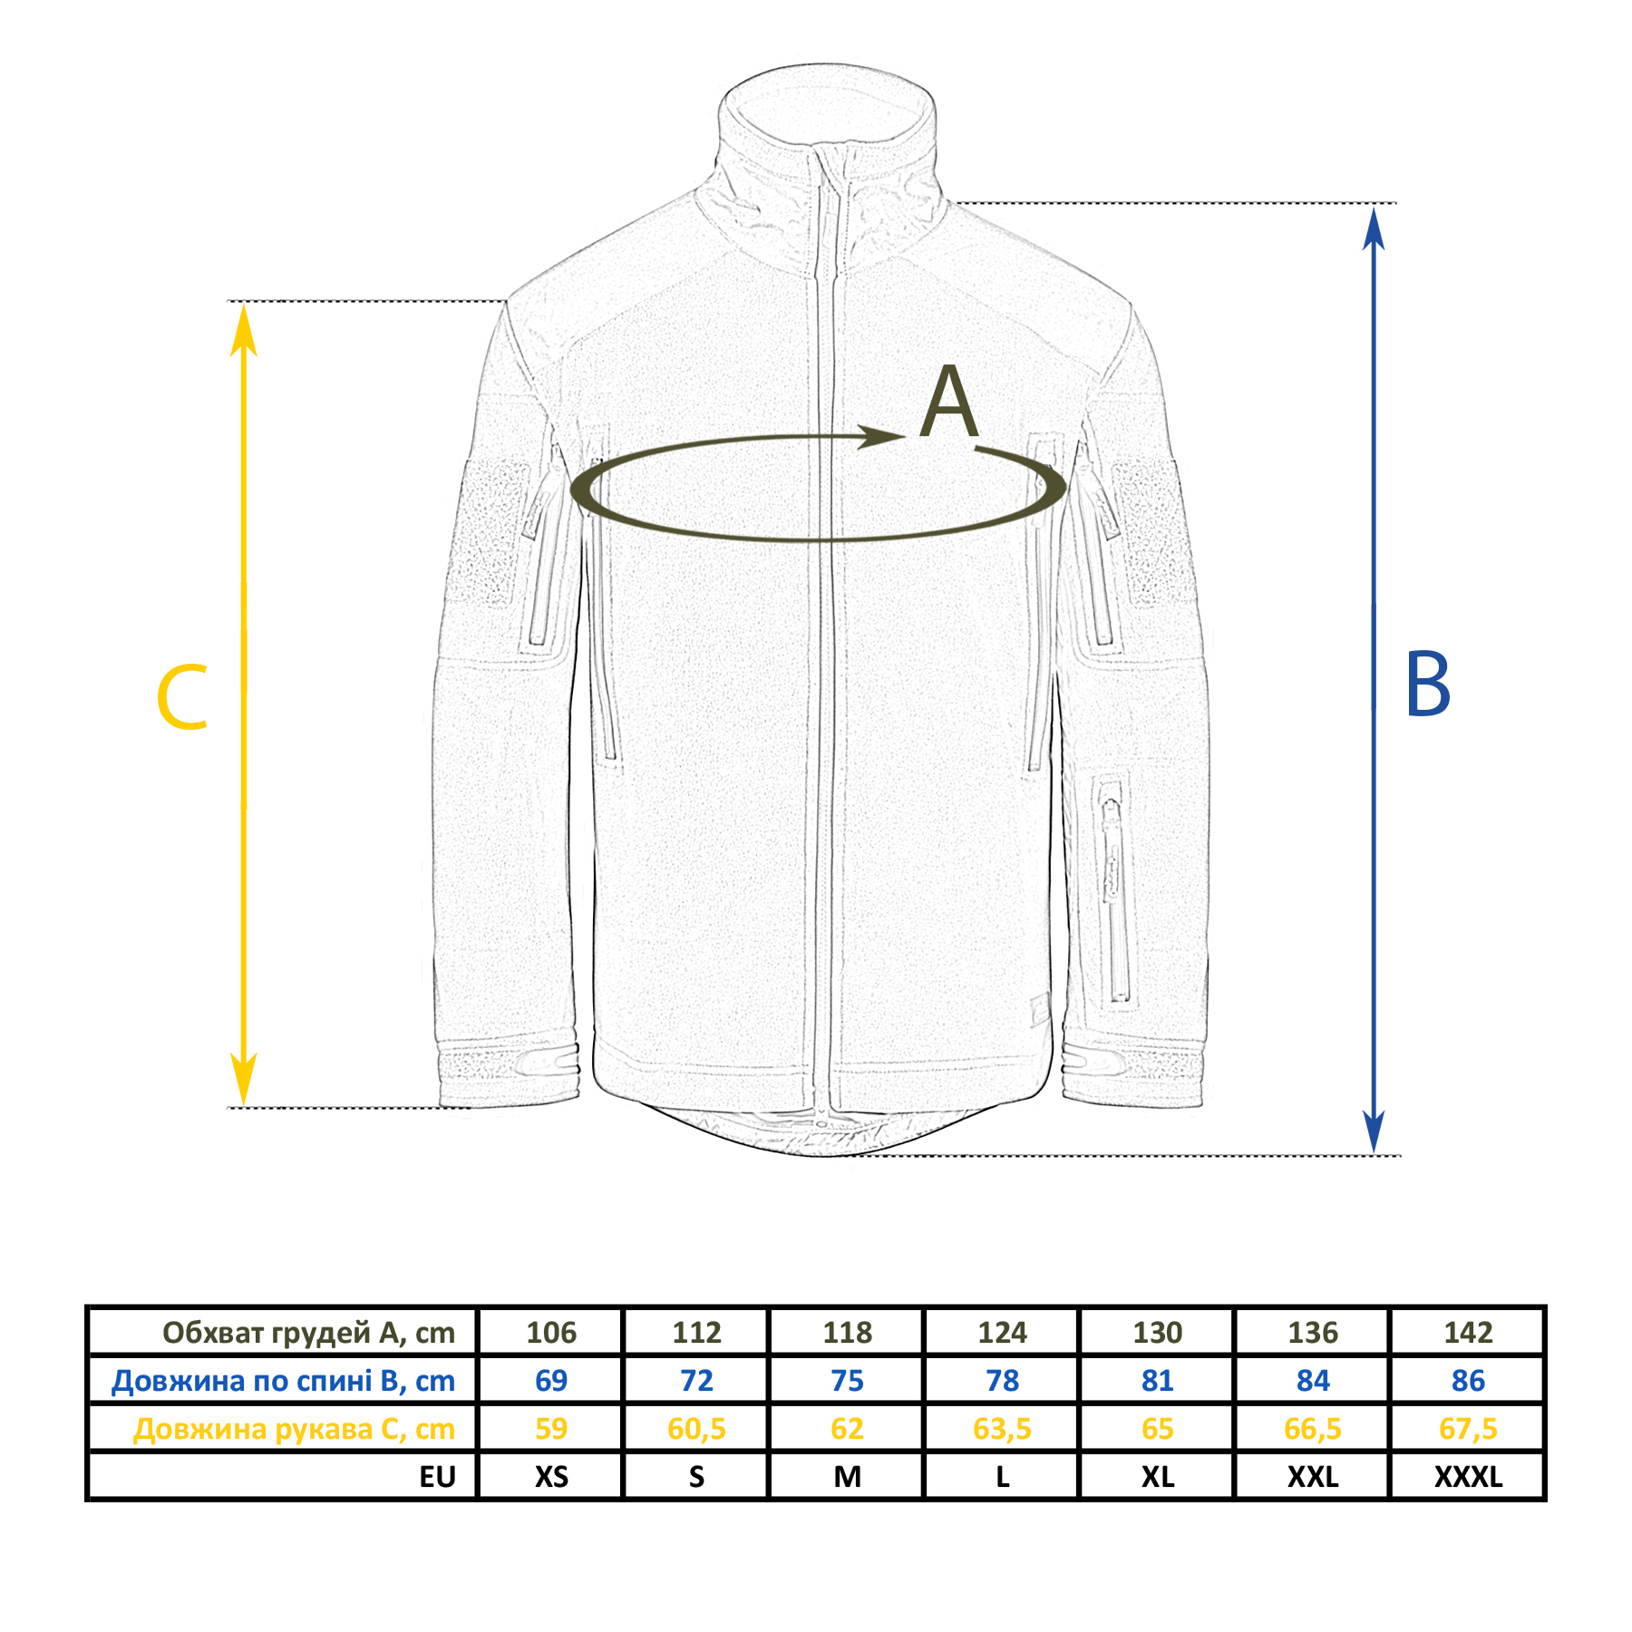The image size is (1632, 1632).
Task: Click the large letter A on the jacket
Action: [948, 403]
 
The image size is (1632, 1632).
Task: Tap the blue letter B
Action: [1427, 685]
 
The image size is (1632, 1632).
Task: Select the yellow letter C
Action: [182, 697]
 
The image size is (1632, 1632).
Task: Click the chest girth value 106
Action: [551, 1332]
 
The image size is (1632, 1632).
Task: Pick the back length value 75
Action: [848, 1380]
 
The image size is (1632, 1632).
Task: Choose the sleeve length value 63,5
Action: [1002, 1429]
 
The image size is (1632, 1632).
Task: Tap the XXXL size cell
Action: [1468, 1477]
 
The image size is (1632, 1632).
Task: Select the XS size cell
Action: [551, 1477]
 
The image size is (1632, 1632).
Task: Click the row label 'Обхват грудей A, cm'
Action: [308, 1333]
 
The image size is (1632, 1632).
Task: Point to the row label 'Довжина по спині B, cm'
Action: [283, 1381]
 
